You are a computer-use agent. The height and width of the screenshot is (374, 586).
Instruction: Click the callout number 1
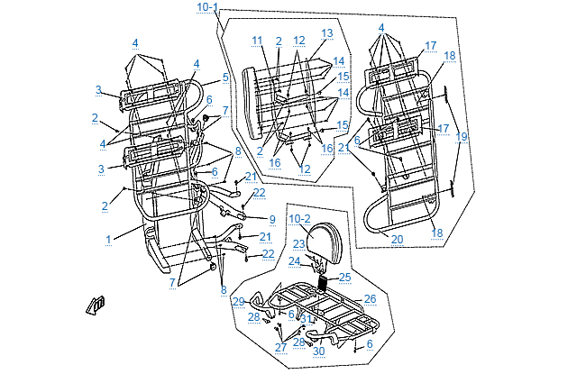108,239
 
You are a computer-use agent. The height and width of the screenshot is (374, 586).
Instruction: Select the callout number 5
225,78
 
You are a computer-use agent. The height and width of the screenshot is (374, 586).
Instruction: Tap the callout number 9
270,218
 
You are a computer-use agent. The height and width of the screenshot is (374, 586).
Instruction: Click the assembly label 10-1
207,7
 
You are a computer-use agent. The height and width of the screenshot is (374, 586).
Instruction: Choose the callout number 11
257,41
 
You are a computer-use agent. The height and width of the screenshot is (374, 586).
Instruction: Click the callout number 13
326,32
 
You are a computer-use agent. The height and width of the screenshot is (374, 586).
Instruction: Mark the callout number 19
462,137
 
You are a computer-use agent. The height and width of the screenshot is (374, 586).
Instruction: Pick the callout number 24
294,261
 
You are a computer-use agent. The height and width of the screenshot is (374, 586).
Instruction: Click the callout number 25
344,277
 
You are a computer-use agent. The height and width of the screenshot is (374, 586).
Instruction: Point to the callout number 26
370,298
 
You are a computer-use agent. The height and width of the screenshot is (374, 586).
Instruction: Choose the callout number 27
280,347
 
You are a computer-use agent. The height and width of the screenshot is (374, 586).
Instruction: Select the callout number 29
238,301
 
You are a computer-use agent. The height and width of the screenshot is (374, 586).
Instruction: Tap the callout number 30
318,351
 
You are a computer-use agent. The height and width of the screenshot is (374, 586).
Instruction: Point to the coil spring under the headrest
321,282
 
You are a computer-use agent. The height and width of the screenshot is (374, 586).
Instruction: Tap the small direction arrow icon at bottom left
96,305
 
